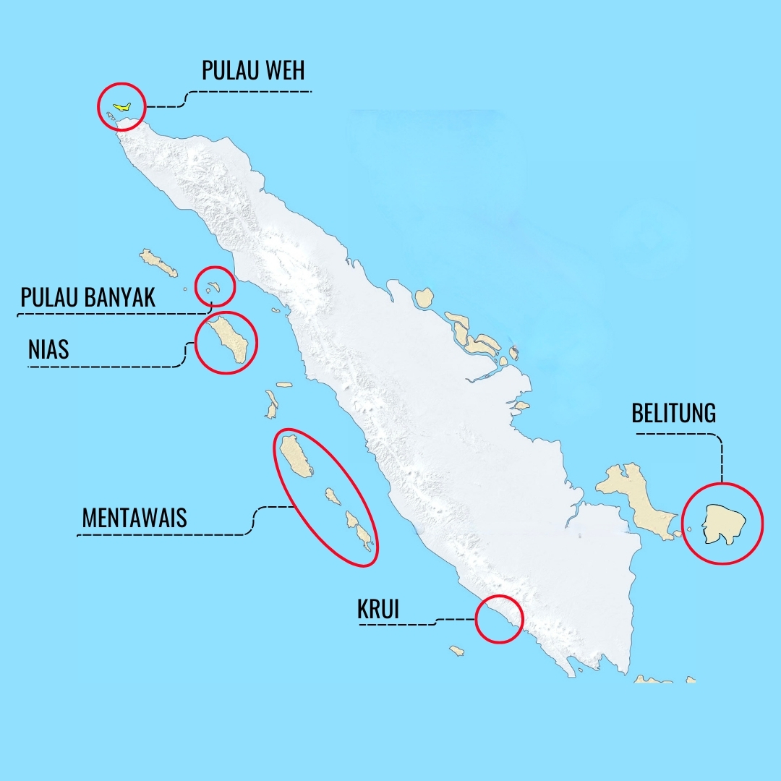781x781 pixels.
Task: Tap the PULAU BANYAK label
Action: (x=88, y=296)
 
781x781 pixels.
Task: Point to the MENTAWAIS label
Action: (x=135, y=517)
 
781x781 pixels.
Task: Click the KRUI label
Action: (x=378, y=609)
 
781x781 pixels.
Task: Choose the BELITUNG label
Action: (x=673, y=413)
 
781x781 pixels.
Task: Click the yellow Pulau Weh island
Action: (x=122, y=106)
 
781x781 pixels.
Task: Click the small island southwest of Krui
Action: (x=456, y=651)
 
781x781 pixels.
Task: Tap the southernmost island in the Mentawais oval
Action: (x=366, y=539)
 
